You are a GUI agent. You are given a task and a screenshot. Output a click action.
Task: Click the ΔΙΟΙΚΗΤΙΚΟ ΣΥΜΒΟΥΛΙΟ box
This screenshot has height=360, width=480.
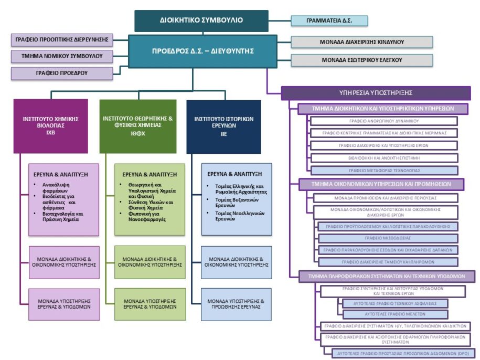pos(201,21)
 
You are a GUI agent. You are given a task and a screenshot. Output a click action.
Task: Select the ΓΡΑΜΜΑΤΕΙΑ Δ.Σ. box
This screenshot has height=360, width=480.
pos(329,21)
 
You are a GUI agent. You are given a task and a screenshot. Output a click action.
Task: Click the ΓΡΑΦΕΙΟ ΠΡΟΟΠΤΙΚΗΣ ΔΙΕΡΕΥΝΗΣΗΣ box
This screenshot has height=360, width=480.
pos(61,39)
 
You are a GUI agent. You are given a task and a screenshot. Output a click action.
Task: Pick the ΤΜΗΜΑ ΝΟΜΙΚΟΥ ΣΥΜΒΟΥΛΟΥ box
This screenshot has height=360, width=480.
pos(61,56)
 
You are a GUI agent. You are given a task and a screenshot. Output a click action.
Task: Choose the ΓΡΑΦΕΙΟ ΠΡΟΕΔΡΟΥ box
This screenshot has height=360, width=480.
pos(61,73)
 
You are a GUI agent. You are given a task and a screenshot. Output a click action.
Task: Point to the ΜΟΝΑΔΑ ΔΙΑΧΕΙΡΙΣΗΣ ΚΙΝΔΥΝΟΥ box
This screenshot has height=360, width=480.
pos(361,42)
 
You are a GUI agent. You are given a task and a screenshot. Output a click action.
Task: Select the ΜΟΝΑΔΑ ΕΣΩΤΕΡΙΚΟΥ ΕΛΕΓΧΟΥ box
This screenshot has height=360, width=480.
pos(361,60)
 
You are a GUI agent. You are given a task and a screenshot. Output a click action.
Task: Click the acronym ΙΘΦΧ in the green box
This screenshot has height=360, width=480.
pos(142,134)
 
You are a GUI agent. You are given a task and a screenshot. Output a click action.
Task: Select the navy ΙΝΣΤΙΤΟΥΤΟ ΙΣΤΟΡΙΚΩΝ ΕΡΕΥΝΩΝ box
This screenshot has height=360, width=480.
pos(223,126)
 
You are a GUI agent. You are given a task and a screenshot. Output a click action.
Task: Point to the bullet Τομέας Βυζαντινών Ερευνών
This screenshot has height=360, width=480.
pos(238,203)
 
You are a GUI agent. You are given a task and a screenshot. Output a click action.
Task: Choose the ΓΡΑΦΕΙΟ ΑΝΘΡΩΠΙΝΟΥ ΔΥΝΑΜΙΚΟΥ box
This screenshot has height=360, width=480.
pos(383,121)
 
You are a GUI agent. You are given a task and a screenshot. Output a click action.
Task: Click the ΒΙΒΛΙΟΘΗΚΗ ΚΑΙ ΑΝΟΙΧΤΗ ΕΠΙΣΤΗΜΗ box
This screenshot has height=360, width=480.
pos(383,157)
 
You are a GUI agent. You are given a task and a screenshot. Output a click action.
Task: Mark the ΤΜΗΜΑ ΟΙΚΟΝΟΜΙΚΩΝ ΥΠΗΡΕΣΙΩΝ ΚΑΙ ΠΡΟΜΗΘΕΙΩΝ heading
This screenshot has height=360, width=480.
pos(381,184)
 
